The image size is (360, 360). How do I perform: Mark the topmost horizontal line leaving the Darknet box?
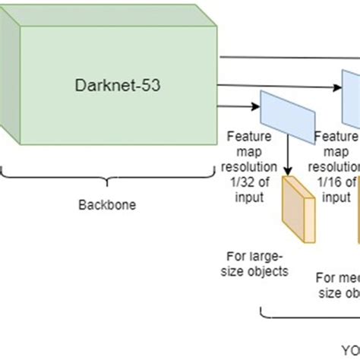(289, 58)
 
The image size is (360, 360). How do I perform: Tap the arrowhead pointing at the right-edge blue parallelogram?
(337, 89)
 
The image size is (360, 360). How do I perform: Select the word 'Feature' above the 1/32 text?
(246, 137)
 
